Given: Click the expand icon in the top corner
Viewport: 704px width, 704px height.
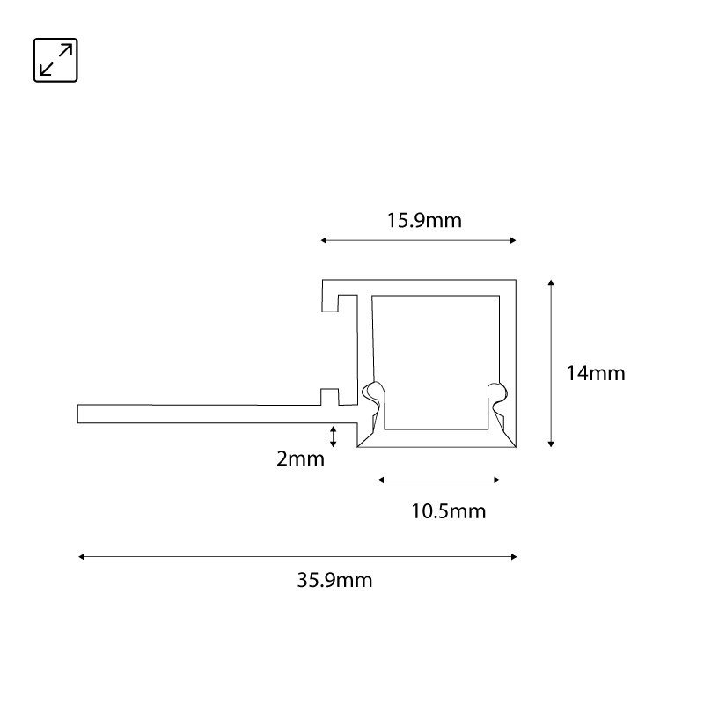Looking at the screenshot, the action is coord(55,60).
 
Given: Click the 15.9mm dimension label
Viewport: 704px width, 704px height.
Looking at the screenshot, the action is coord(424,221).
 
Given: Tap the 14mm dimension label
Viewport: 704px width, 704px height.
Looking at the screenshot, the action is coord(596,373).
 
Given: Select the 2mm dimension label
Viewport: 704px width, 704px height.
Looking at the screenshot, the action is coord(300,458).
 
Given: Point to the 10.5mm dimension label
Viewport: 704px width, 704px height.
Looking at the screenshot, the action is coord(449,511).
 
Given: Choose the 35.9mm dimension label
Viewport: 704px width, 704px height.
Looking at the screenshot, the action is coord(334,580).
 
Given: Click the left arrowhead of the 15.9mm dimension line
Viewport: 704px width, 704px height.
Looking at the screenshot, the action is coord(324,240).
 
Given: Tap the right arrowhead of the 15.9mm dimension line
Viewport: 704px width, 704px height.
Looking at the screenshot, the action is coord(513,240).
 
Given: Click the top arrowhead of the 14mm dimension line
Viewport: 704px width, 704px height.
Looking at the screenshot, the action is coord(551,282).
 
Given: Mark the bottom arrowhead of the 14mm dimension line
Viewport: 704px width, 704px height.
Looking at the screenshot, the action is coord(551,444).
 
